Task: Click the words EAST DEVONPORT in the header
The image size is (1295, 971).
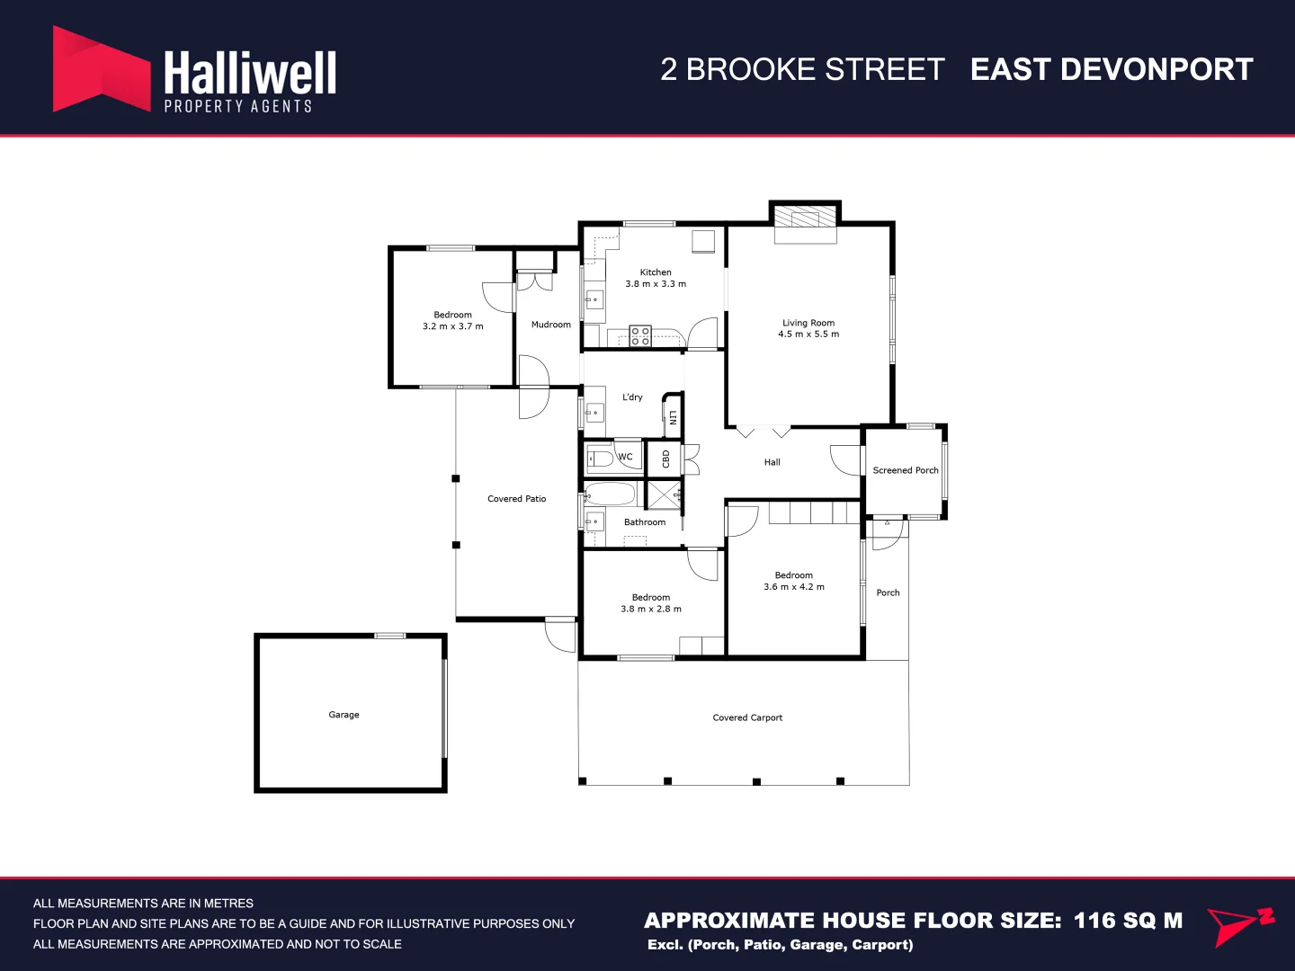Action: [1112, 69]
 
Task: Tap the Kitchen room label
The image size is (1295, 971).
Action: [656, 272]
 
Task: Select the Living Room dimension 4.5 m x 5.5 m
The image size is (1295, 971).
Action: [808, 334]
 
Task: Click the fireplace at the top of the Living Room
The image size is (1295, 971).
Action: [805, 218]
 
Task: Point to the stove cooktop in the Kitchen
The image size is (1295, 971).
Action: [640, 336]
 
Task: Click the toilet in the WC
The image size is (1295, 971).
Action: [602, 459]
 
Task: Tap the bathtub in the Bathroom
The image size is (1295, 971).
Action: [611, 494]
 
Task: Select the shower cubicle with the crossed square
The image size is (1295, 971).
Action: [664, 494]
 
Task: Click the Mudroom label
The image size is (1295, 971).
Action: [550, 325]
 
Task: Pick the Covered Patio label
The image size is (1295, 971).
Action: [516, 499]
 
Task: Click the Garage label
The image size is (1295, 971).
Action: [344, 715]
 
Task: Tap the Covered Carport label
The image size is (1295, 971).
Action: [747, 717]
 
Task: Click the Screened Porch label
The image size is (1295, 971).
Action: [905, 470]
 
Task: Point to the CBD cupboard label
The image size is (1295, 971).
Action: [666, 459]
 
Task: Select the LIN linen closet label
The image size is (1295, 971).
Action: [673, 417]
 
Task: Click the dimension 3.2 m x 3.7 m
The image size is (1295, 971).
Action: [452, 326]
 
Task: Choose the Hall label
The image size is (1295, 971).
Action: [772, 462]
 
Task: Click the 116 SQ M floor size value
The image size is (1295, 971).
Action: [1128, 921]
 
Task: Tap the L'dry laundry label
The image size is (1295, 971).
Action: [632, 397]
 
